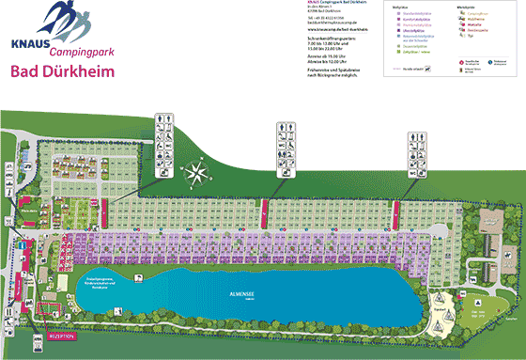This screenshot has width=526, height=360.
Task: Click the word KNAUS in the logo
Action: [x=28, y=43]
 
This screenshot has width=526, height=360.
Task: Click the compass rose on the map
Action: [x=197, y=172]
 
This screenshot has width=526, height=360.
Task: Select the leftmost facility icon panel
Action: [x=165, y=143]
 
